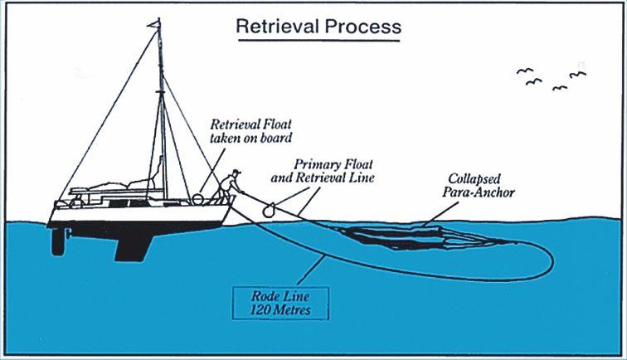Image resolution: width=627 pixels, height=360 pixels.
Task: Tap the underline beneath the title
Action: click(318, 38)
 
